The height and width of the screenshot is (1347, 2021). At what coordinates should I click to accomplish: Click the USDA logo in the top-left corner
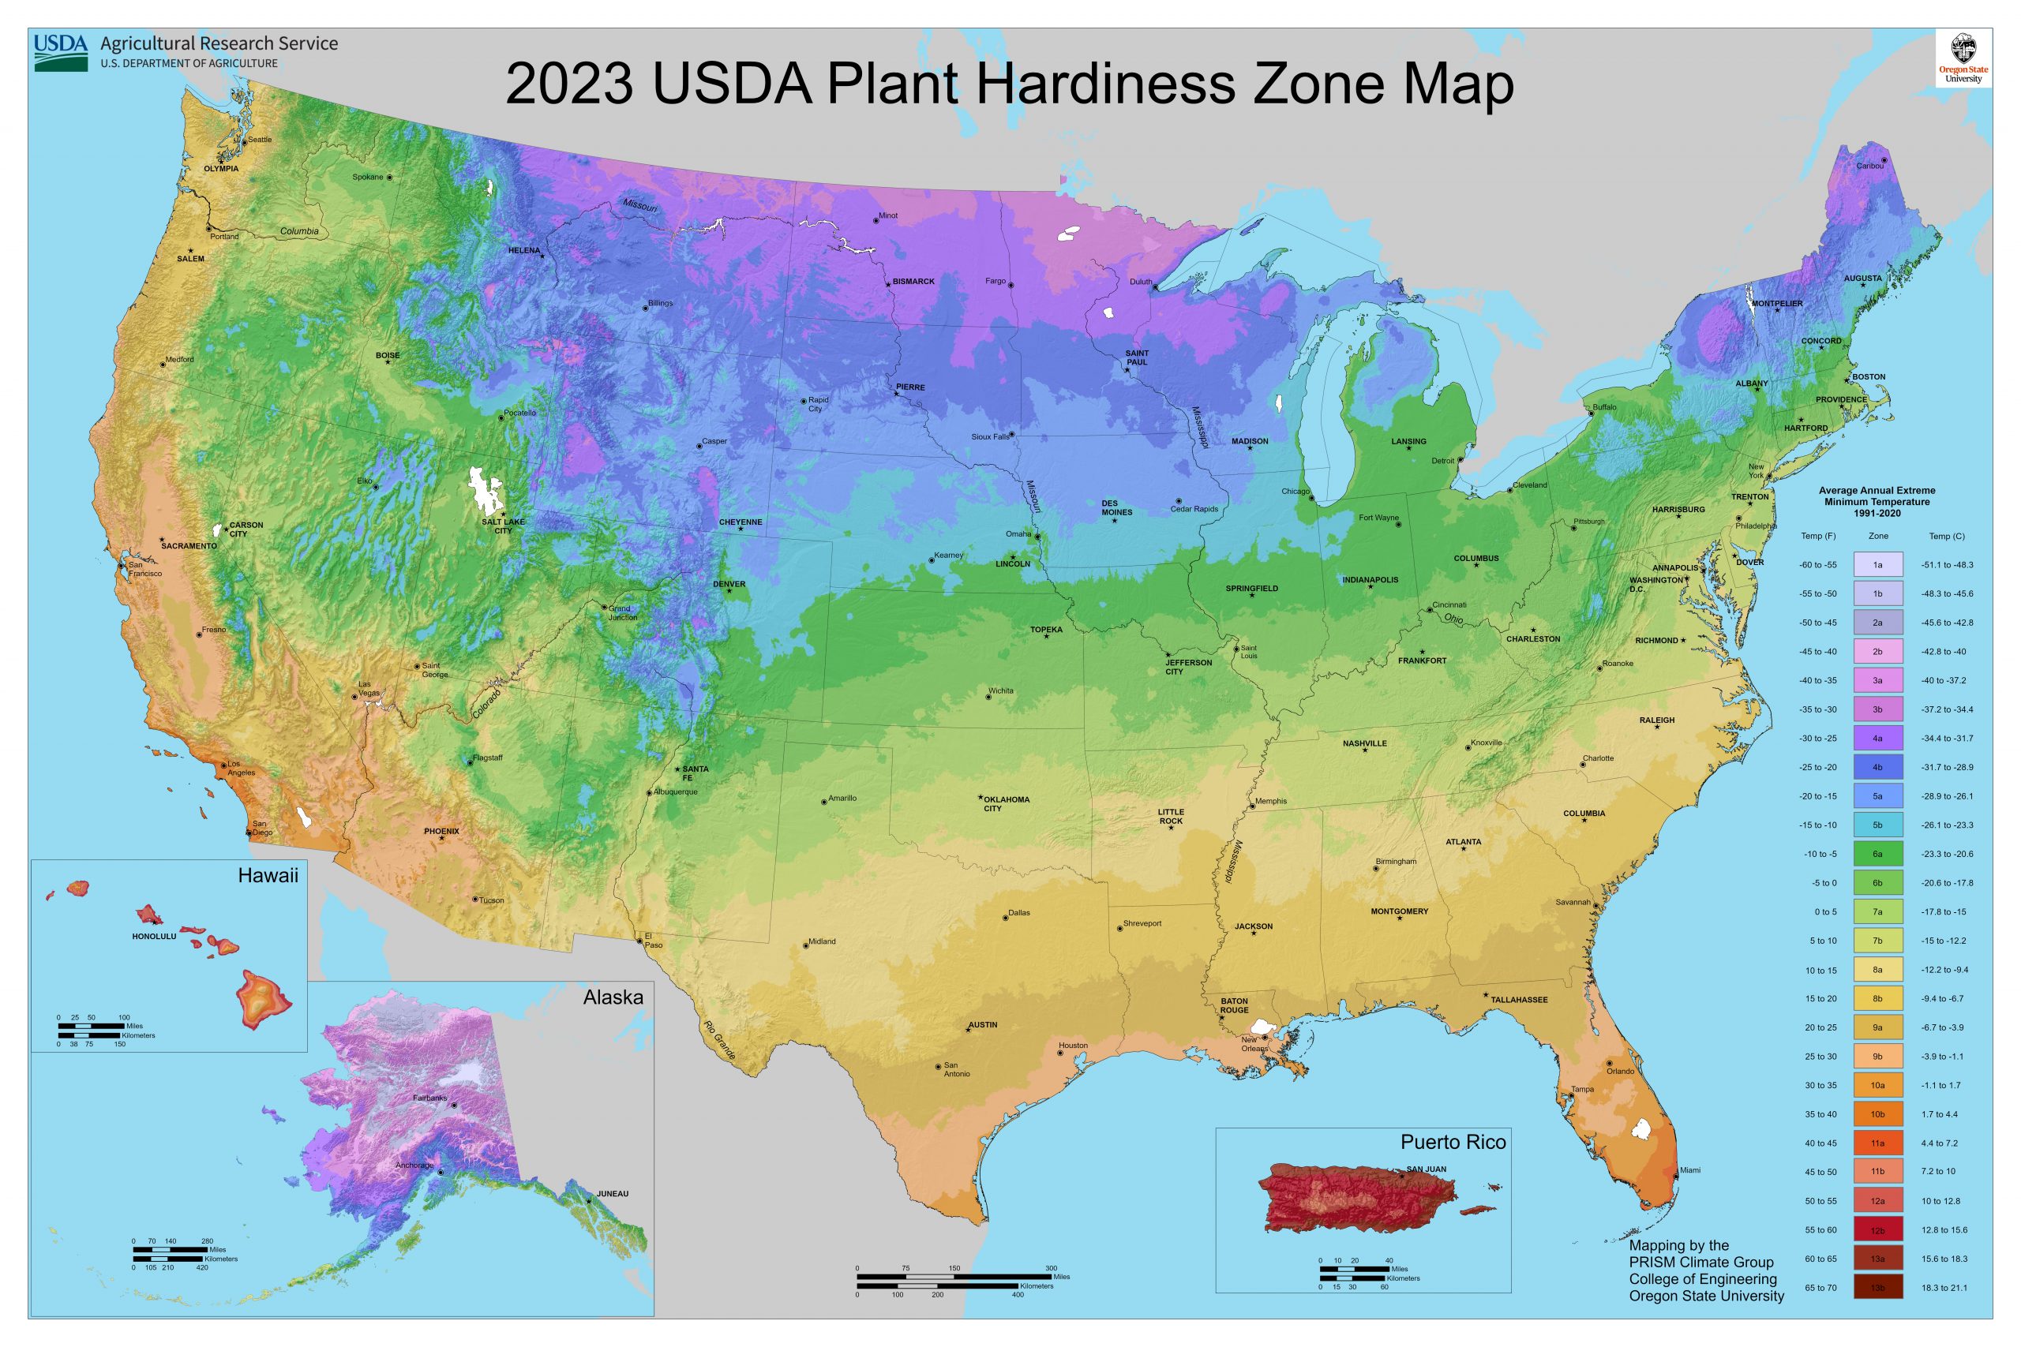point(61,52)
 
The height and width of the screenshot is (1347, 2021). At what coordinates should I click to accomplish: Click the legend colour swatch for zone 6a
point(1877,854)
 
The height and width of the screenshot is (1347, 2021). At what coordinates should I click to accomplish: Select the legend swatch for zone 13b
point(1877,1288)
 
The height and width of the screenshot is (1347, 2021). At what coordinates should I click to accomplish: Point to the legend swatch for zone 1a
point(1877,564)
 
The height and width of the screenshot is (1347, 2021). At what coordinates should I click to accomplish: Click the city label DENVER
point(729,584)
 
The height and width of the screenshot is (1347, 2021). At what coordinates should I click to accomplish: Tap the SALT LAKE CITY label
point(503,526)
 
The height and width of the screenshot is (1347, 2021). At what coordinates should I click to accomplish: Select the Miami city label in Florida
point(1689,1170)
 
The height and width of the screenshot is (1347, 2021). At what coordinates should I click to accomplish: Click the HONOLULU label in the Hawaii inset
point(154,937)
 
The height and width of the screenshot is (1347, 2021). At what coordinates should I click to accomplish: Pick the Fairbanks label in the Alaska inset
point(429,1098)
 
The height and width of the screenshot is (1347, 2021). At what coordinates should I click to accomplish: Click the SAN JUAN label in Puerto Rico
point(1427,1169)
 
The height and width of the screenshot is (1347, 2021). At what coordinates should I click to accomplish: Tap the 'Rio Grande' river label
point(720,1040)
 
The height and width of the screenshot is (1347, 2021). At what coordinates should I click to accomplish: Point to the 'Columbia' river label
point(299,231)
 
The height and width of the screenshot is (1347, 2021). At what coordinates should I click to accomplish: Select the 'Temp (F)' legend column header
point(1818,536)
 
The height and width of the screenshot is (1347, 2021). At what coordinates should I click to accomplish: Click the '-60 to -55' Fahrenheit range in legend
point(1818,565)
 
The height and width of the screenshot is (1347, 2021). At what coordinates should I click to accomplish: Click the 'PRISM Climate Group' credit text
point(1700,1262)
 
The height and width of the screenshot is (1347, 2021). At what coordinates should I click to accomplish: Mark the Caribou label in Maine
point(1869,166)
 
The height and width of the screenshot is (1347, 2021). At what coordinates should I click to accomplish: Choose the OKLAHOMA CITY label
point(1005,803)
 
